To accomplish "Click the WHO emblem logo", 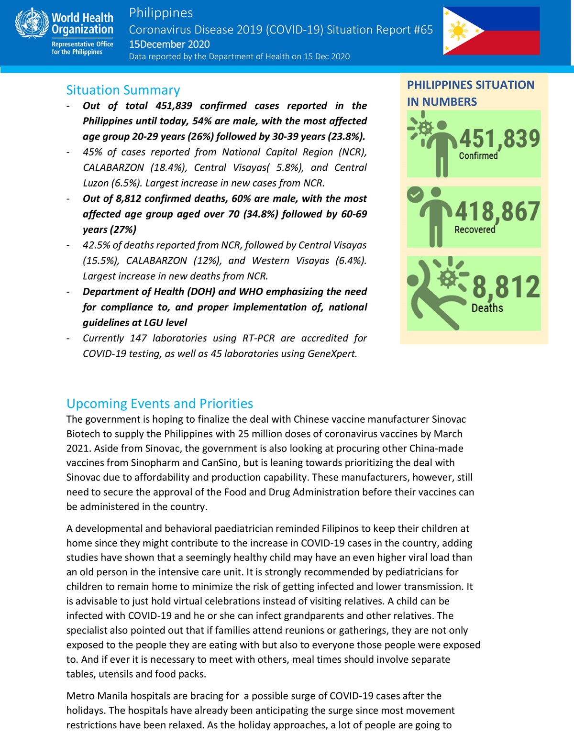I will tap(32, 23).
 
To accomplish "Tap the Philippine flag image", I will tap(491, 31).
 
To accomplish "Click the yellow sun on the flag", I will tap(458, 32).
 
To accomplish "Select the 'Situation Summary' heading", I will tap(123, 90).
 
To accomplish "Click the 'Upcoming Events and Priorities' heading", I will tap(160, 403).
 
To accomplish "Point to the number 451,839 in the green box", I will tap(499, 139).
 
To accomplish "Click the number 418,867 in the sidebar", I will tap(497, 211).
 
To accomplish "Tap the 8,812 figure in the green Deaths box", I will tap(506, 286).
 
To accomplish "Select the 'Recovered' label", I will tap(475, 230).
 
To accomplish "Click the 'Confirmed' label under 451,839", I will tap(478, 156).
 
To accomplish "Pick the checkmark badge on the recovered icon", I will tap(415, 194).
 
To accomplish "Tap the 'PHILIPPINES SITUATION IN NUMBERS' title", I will tap(470, 93).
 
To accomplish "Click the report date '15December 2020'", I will tap(169, 44).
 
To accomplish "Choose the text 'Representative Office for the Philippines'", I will tap(82, 48).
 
